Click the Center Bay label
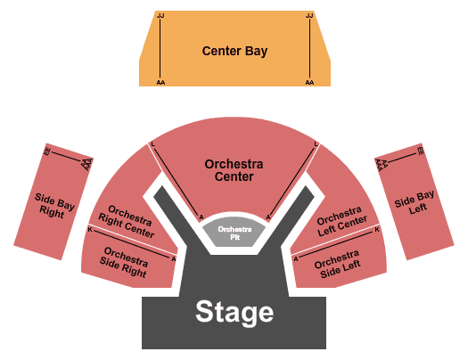point(234,51)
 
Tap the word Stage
point(234,312)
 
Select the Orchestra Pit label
point(234,233)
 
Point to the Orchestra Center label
point(234,170)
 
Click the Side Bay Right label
point(53,206)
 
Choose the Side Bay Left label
point(415,203)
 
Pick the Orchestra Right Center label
point(127,221)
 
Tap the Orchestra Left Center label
point(341,221)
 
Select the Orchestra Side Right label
point(124,262)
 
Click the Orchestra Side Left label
point(338,264)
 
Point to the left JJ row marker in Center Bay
point(160,15)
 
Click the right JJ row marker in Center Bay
point(309,15)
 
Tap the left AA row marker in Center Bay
point(160,82)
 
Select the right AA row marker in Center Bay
point(309,82)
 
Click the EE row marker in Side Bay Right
point(47,151)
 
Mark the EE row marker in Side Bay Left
point(420,151)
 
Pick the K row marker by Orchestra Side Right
point(90,229)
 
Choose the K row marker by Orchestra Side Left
point(377,229)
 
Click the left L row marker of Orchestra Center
point(152,144)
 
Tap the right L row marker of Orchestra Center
point(316,144)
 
